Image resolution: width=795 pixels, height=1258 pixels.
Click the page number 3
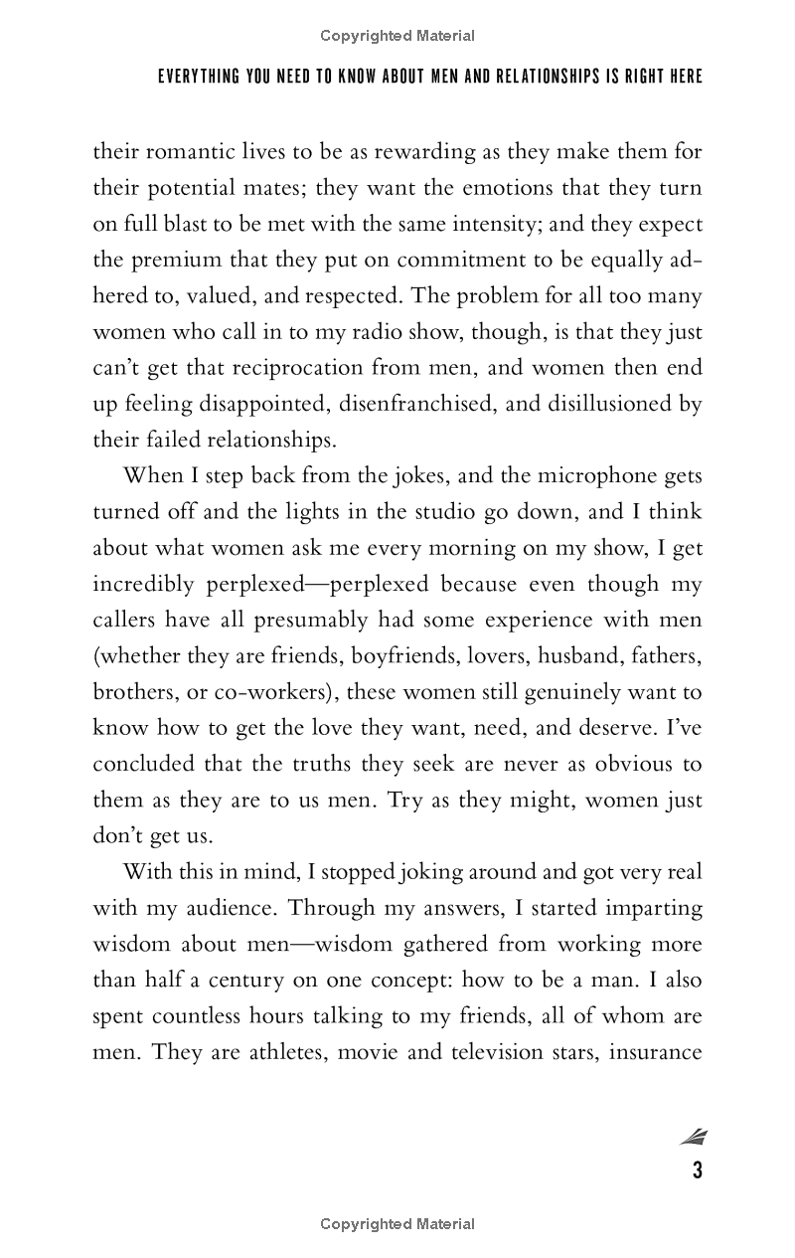[x=698, y=1170]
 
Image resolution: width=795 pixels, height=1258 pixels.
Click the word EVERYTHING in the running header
[x=199, y=77]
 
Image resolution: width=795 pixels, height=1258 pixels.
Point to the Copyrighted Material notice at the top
[x=397, y=36]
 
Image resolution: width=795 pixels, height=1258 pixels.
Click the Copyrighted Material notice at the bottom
[x=397, y=1224]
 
